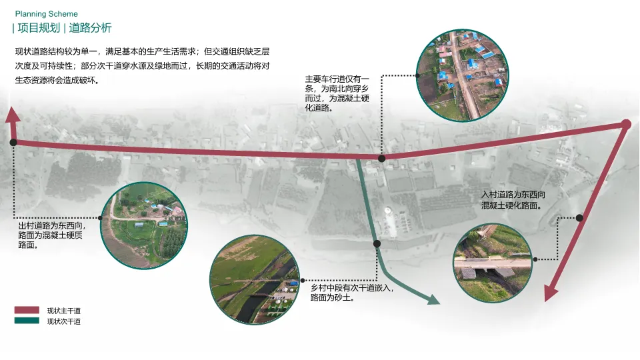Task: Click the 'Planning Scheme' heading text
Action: (x=45, y=14)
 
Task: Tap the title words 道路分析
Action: (x=90, y=28)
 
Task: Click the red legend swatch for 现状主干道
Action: (x=27, y=310)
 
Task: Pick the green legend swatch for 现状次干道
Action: (x=27, y=321)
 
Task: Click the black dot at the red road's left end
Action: (x=13, y=142)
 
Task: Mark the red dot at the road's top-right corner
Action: (x=626, y=124)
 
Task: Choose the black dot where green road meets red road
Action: (x=382, y=159)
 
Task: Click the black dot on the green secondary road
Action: (x=377, y=244)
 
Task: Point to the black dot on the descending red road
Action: (x=579, y=218)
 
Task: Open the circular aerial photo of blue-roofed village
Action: (x=462, y=75)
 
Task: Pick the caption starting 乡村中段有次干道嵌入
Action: (x=352, y=293)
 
